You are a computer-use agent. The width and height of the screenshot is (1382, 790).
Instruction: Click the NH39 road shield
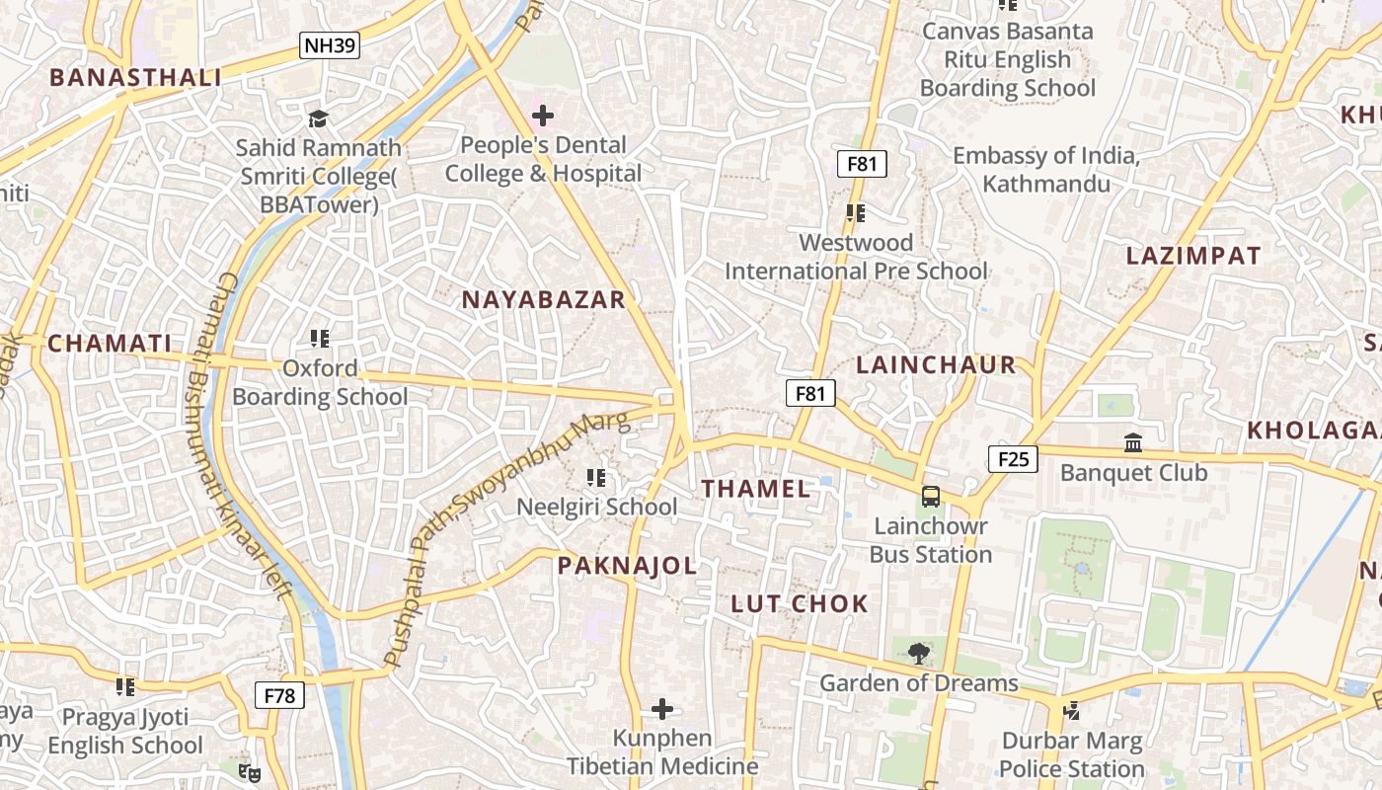(x=330, y=45)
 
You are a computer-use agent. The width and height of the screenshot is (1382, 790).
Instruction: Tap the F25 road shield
(x=1013, y=458)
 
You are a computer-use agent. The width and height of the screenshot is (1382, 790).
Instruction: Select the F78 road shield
(x=280, y=695)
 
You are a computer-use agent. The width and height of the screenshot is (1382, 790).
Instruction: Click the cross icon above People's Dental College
(x=542, y=116)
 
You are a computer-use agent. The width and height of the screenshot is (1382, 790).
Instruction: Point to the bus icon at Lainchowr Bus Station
(x=930, y=497)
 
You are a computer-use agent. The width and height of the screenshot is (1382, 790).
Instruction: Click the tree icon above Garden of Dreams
(x=918, y=653)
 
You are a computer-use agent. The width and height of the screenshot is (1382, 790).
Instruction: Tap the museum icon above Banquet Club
(x=1133, y=442)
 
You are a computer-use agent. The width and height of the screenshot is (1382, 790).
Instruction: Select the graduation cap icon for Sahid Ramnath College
(x=318, y=118)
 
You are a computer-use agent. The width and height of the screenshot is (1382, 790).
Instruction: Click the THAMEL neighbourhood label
(x=756, y=488)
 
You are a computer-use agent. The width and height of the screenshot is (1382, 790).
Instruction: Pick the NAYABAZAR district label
(x=544, y=300)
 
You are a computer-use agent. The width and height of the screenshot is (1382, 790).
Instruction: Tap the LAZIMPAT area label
(x=1193, y=256)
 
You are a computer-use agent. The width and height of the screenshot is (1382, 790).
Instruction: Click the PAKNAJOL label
(x=627, y=566)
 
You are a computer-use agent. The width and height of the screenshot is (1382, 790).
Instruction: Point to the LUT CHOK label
(x=800, y=604)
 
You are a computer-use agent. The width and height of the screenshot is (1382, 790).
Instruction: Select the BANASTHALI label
(x=135, y=78)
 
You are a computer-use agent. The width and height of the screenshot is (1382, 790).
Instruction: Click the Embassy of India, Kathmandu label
(x=1046, y=170)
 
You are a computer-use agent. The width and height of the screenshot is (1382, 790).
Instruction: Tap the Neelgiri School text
(x=597, y=507)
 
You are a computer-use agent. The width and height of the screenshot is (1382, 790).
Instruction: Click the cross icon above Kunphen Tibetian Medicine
(x=662, y=709)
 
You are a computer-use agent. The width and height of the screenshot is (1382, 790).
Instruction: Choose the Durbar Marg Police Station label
(x=1072, y=754)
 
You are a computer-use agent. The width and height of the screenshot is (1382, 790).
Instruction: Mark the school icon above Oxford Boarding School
(x=319, y=339)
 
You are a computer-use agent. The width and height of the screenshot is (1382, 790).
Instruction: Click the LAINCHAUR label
(x=936, y=364)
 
